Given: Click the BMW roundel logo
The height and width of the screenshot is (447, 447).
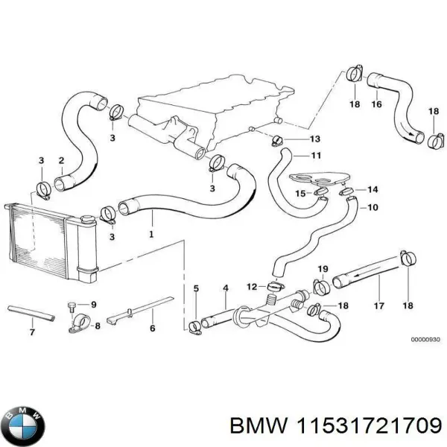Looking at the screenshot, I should (24, 427).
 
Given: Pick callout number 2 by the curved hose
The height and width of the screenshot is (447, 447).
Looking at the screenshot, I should (61, 160).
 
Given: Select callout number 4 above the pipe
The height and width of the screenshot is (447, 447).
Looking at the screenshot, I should (226, 288).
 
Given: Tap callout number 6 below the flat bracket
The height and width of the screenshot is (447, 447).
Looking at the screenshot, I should (152, 327).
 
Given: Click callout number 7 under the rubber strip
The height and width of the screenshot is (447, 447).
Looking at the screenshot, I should (31, 332).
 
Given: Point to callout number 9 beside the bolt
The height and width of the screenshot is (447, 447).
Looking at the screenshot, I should (93, 304).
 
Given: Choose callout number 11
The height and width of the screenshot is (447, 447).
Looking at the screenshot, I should (316, 156).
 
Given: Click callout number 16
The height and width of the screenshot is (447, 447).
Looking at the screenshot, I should (376, 105).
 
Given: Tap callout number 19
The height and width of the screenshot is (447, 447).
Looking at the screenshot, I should (323, 268).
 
